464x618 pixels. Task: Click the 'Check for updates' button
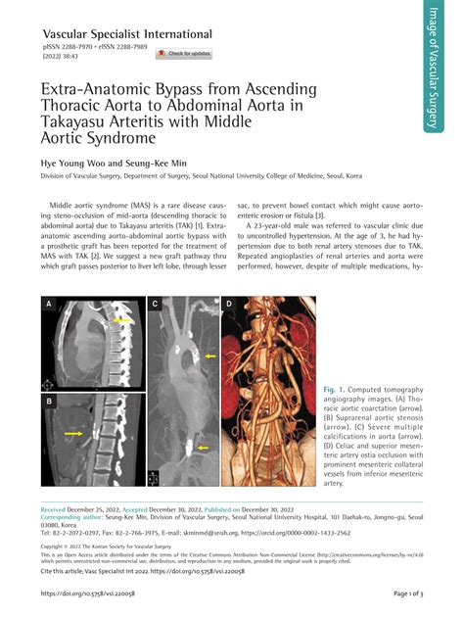[183, 54]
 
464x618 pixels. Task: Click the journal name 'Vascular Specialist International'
[126, 34]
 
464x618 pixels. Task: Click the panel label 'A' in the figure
[48, 306]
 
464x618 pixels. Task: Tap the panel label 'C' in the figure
[154, 306]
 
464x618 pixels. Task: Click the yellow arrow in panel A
[121, 320]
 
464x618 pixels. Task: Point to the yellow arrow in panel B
[72, 432]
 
